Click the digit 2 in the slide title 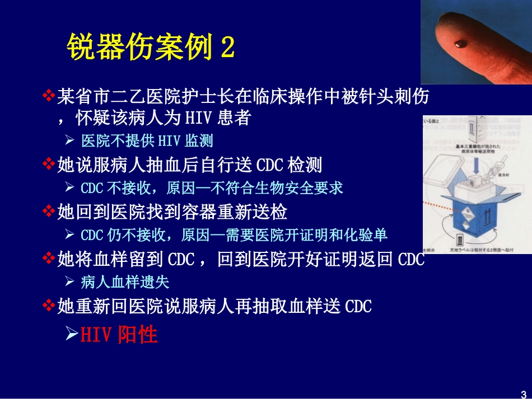point(227,47)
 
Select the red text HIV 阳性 point(119,334)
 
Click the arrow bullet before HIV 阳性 point(71,334)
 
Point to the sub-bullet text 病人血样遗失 point(125,282)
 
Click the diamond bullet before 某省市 point(49,96)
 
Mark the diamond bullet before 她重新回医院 point(49,306)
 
